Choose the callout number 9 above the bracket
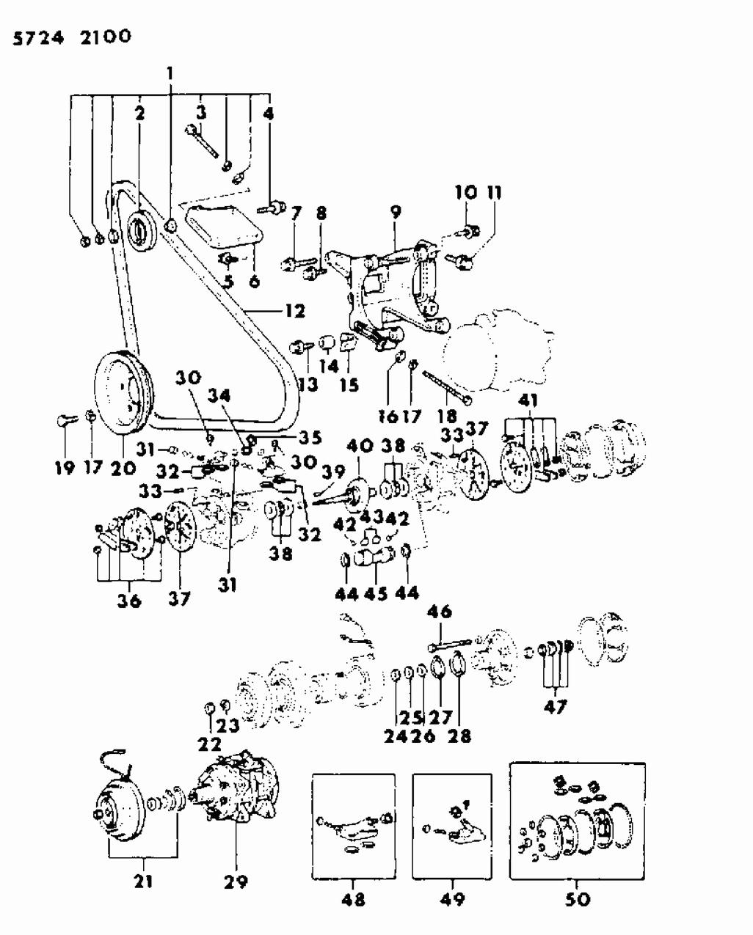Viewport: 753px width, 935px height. click(x=396, y=212)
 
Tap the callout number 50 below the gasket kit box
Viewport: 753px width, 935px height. click(x=578, y=898)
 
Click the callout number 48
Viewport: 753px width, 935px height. click(x=353, y=898)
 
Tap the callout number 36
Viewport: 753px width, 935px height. click(x=128, y=601)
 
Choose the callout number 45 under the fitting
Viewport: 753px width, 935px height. click(x=375, y=594)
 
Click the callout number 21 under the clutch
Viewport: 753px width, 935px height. click(x=143, y=880)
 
